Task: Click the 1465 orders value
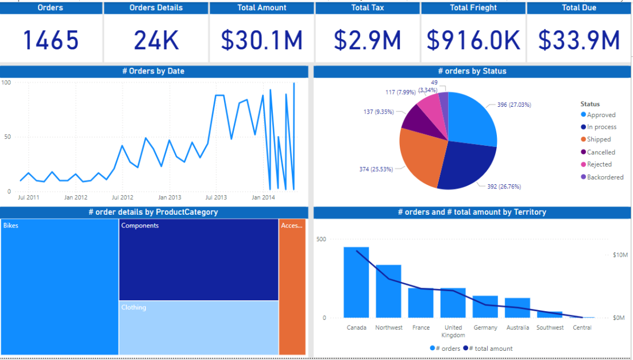[51, 40]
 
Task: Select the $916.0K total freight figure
[473, 40]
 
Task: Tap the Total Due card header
[578, 7]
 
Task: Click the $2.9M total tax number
[368, 40]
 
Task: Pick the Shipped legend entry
[599, 140]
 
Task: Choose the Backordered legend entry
[605, 177]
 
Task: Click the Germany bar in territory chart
[485, 307]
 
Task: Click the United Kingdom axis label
[453, 331]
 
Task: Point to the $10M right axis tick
[620, 254]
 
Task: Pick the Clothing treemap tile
[198, 327]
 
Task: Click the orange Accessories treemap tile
[292, 287]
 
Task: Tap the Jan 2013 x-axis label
[169, 198]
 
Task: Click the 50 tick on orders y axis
[7, 137]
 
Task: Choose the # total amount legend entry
[490, 349]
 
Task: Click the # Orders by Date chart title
[153, 71]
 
